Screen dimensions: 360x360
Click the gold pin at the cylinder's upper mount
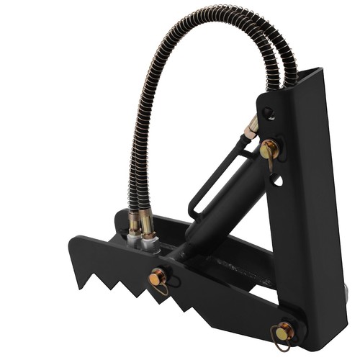point(270,149)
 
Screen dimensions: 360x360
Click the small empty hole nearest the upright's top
point(268,112)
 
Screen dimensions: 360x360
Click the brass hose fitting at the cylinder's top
point(251,130)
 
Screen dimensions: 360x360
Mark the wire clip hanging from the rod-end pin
point(162,289)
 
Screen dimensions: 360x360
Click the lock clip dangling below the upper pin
point(270,164)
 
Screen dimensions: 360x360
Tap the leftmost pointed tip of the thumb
point(69,240)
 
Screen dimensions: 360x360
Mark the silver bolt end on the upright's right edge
point(348,292)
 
